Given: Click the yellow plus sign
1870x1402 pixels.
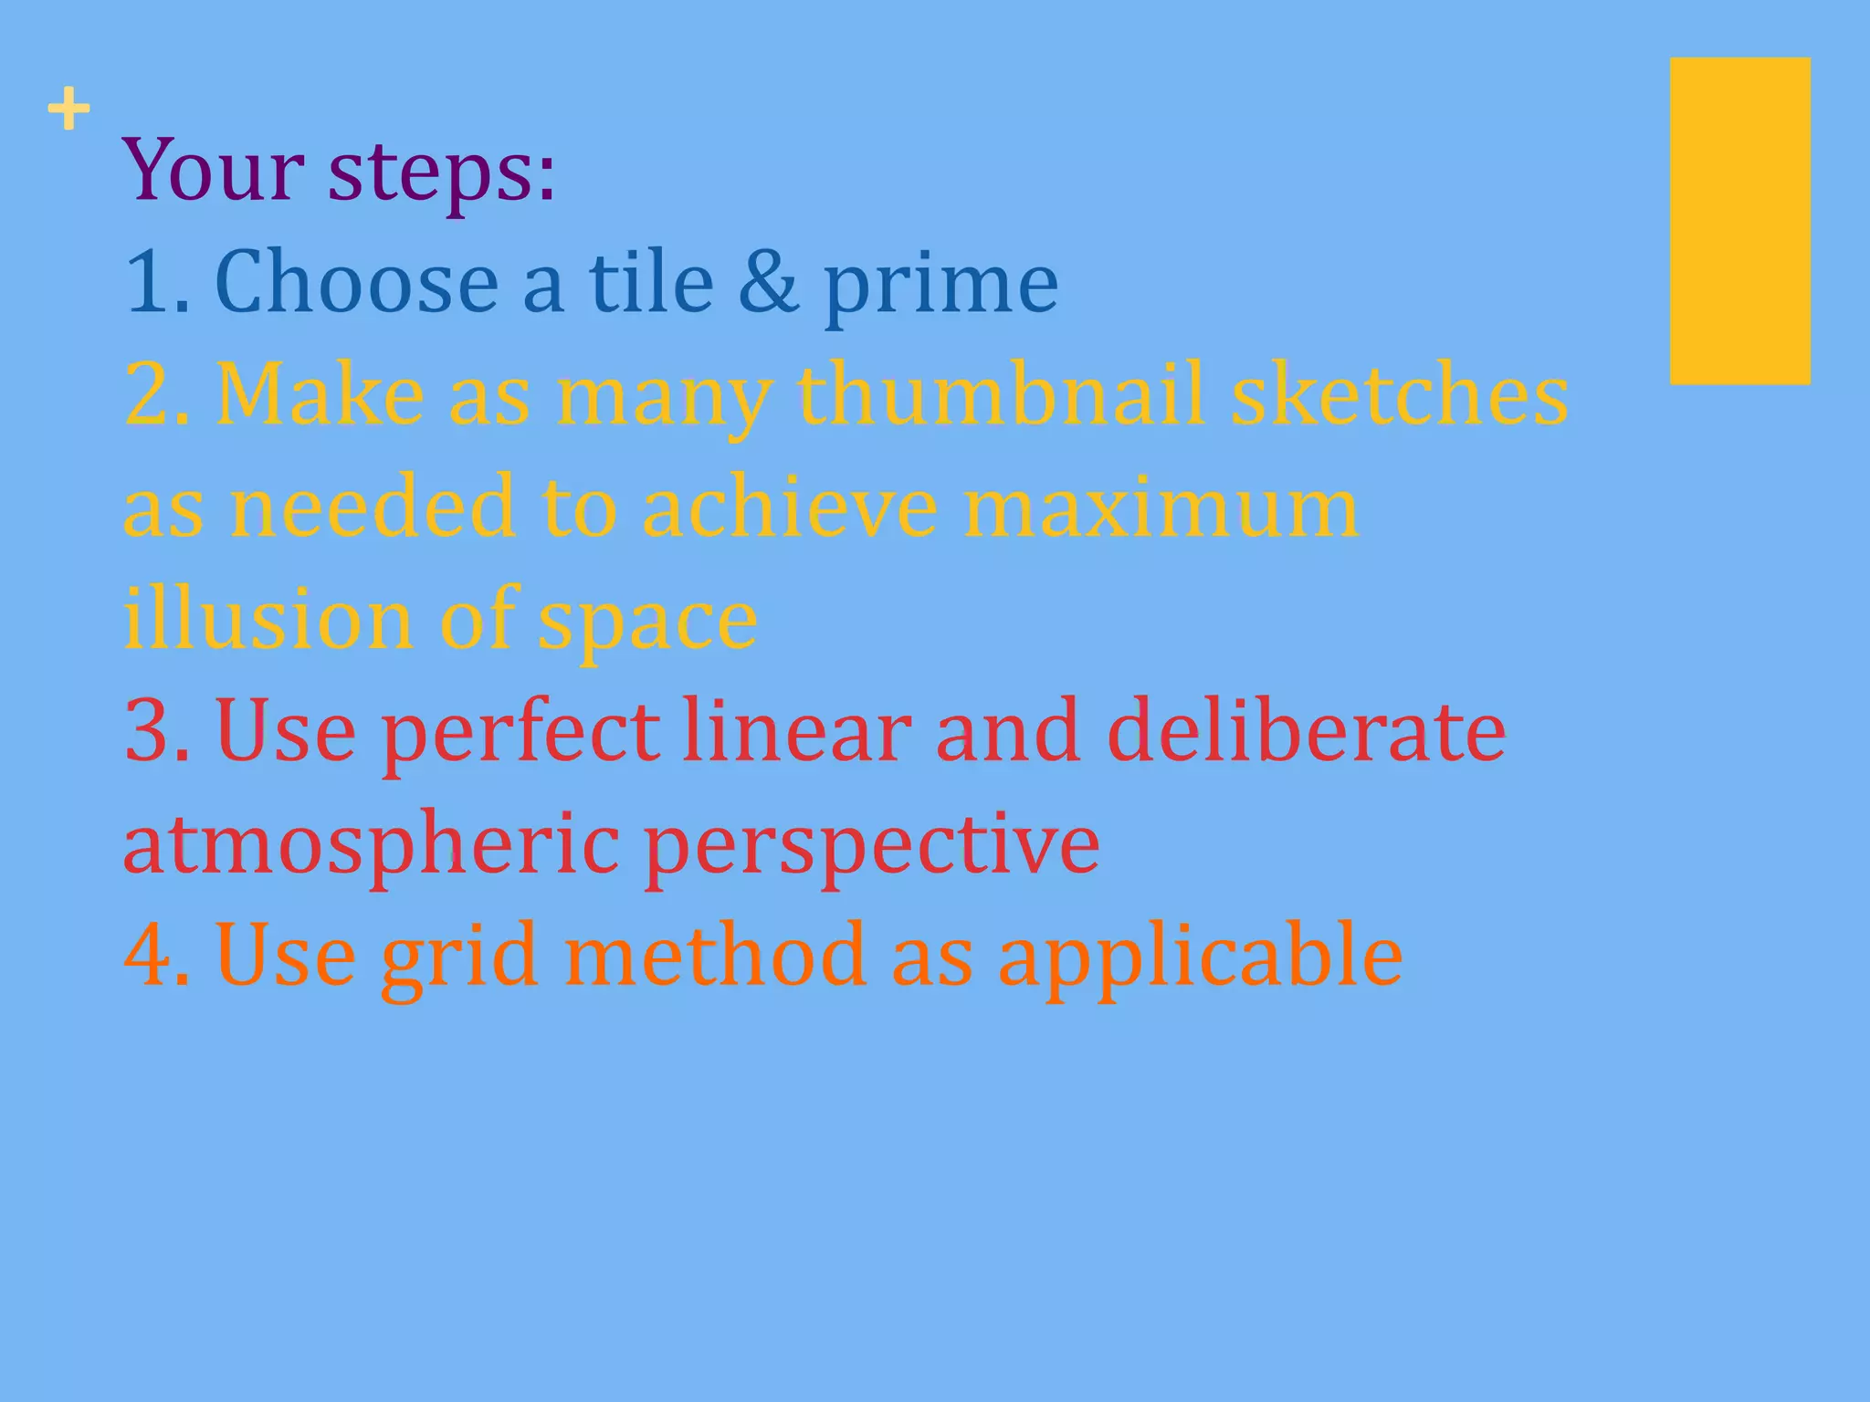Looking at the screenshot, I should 68,111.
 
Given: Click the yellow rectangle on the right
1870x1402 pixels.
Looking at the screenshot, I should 1739,221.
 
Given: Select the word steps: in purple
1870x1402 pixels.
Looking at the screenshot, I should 441,173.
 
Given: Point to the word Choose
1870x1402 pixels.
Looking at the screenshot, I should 357,282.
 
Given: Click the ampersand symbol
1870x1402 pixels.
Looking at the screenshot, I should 767,282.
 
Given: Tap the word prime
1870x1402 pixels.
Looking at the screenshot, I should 940,287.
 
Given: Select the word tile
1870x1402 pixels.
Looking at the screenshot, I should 650,282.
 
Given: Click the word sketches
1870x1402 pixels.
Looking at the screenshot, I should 1399,394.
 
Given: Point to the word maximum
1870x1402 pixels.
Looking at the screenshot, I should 1161,507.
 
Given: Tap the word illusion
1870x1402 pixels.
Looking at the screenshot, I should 268,619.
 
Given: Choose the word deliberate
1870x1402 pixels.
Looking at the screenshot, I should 1306,731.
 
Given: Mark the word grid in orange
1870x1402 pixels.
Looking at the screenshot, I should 458,958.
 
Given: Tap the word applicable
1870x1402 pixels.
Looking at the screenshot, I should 1200,958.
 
